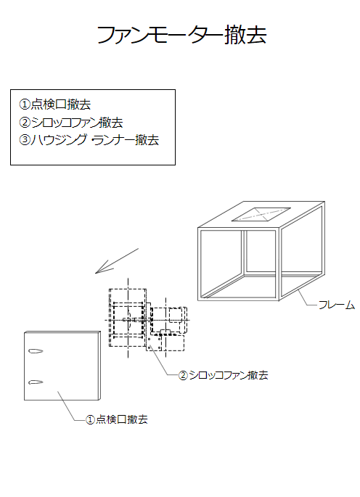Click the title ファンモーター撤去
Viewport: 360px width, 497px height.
click(x=181, y=34)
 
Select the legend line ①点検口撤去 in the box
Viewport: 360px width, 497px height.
click(x=55, y=104)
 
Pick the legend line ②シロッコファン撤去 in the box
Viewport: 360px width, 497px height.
click(x=71, y=123)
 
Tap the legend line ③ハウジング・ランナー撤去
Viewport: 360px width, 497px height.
click(x=89, y=140)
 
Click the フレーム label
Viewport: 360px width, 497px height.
click(x=337, y=305)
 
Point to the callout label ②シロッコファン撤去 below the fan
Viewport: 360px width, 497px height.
click(x=224, y=375)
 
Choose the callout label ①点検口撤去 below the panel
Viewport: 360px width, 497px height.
click(x=117, y=419)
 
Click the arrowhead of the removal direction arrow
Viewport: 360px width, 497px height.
click(x=96, y=273)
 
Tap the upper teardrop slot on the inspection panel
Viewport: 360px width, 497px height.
click(x=36, y=351)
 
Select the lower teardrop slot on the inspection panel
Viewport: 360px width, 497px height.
click(x=36, y=382)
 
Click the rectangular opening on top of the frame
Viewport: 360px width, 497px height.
click(x=261, y=214)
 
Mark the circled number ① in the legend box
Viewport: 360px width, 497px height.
click(x=25, y=104)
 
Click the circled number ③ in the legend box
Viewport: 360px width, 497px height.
click(x=25, y=140)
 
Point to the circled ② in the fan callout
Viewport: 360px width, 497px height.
click(x=184, y=376)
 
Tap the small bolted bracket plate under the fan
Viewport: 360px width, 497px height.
click(x=154, y=344)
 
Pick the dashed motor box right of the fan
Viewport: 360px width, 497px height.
click(x=176, y=315)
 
